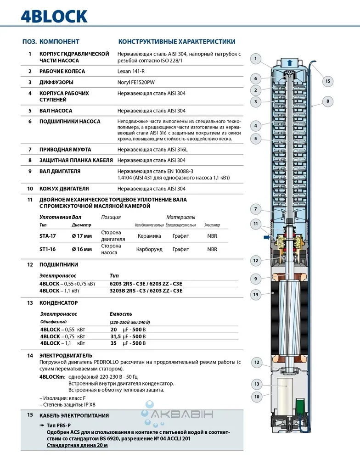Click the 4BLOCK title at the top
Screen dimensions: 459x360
click(x=54, y=16)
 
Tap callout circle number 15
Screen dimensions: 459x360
click(x=327, y=81)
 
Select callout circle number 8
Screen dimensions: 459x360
click(x=327, y=101)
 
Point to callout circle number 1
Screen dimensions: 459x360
click(x=256, y=58)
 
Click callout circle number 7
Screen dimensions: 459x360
click(x=256, y=209)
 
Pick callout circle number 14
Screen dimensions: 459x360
click(x=256, y=294)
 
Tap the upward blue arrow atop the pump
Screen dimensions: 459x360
click(x=288, y=63)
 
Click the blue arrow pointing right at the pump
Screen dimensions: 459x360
click(x=265, y=237)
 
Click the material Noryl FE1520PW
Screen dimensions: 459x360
click(x=136, y=82)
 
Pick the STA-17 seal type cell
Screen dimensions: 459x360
click(x=47, y=236)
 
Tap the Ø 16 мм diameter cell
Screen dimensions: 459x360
click(x=82, y=249)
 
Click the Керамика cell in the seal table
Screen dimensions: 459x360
click(x=149, y=236)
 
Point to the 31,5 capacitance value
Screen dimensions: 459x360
click(x=115, y=336)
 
